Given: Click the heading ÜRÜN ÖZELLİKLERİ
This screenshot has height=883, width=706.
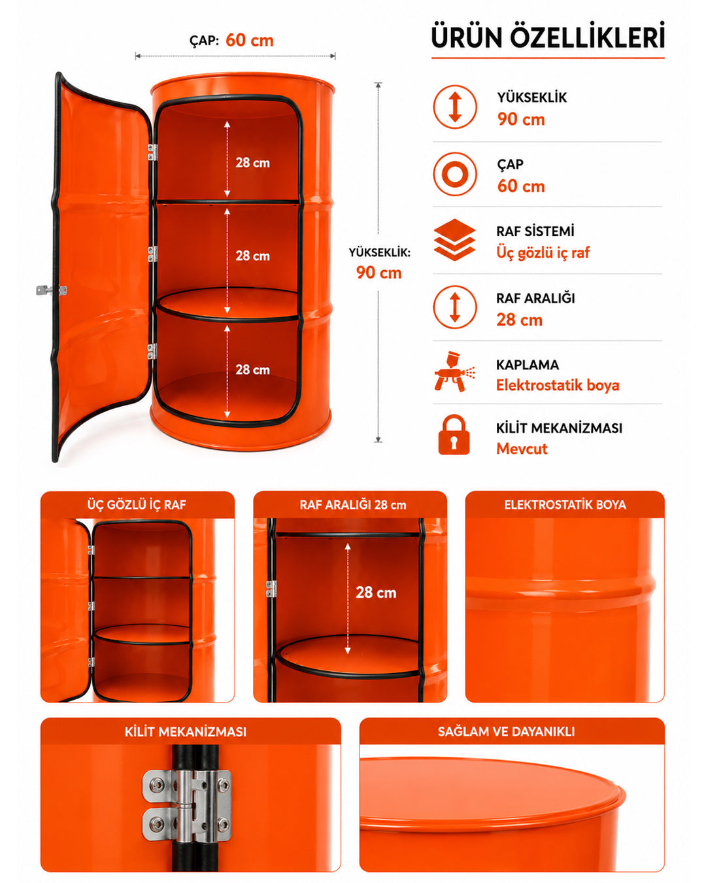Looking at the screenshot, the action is [547, 36].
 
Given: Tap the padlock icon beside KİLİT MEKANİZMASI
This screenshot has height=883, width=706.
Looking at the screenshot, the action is [454, 434].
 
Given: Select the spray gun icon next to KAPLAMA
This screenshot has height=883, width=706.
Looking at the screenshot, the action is [454, 372].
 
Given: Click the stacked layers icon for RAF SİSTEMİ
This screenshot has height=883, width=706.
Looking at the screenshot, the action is [454, 239].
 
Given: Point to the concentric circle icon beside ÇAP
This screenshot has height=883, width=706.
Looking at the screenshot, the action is [454, 174].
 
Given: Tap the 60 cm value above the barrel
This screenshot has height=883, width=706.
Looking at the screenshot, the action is [250, 40].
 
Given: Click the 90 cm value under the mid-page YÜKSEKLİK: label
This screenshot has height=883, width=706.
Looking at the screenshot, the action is [378, 273].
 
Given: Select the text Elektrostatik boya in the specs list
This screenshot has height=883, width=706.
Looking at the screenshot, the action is [558, 385].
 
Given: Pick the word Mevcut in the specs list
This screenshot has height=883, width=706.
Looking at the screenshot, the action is [522, 449].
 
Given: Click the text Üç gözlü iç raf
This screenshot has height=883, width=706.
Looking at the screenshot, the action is [543, 252].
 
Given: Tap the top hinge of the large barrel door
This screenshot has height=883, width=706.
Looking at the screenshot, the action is [152, 152].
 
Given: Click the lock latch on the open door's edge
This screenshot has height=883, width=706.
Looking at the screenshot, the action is [51, 290].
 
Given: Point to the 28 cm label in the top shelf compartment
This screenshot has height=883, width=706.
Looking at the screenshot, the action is [253, 162].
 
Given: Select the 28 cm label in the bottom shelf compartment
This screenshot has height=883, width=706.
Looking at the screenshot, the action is [253, 370].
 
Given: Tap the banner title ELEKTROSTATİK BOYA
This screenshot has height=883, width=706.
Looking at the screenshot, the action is [565, 504].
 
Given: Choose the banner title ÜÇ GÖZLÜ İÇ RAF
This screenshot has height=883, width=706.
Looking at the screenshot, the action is [137, 504].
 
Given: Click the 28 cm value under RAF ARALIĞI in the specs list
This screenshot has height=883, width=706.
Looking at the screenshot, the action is [519, 320].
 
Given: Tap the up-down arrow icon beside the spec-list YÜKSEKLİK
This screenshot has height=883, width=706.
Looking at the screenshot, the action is [454, 107].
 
